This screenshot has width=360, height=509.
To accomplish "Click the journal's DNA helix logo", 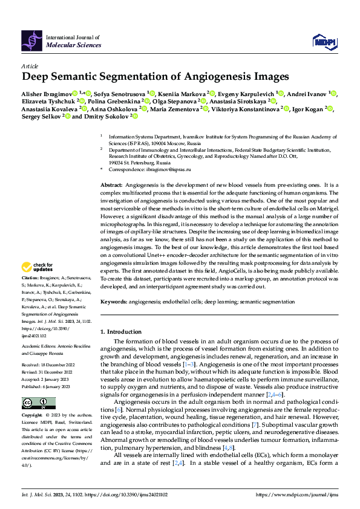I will pos(32,41).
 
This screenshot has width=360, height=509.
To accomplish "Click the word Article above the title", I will pos(30,65).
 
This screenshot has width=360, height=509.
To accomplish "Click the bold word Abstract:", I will pos(111,184).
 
